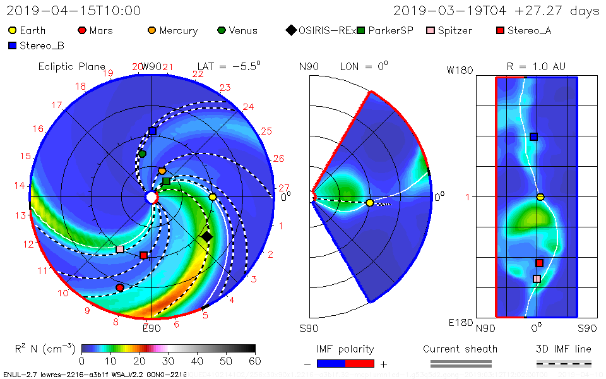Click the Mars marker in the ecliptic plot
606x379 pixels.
pyautogui.click(x=120, y=287)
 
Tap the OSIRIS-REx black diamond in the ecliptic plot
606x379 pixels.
pyautogui.click(x=206, y=237)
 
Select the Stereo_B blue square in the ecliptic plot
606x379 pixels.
pyautogui.click(x=152, y=131)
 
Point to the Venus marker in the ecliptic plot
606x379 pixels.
pyautogui.click(x=142, y=153)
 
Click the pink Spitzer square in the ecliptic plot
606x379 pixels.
pyautogui.click(x=120, y=249)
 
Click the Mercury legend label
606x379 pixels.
pyautogui.click(x=178, y=30)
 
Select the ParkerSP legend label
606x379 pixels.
pyautogui.click(x=391, y=30)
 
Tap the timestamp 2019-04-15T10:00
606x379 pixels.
pyautogui.click(x=74, y=11)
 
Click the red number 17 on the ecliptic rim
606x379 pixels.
pyautogui.click(x=57, y=105)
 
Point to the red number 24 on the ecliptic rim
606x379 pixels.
pyautogui.click(x=248, y=107)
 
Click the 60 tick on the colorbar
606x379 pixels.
pyautogui.click(x=255, y=361)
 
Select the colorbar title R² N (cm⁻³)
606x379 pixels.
pyautogui.click(x=45, y=349)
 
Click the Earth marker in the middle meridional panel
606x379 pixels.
pyautogui.click(x=369, y=203)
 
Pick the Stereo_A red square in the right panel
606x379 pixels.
pyautogui.click(x=539, y=263)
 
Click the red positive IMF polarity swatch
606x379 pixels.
pyautogui.click(x=360, y=363)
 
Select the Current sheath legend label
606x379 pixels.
pyautogui.click(x=460, y=349)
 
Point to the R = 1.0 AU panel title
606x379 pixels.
pyautogui.click(x=536, y=66)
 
